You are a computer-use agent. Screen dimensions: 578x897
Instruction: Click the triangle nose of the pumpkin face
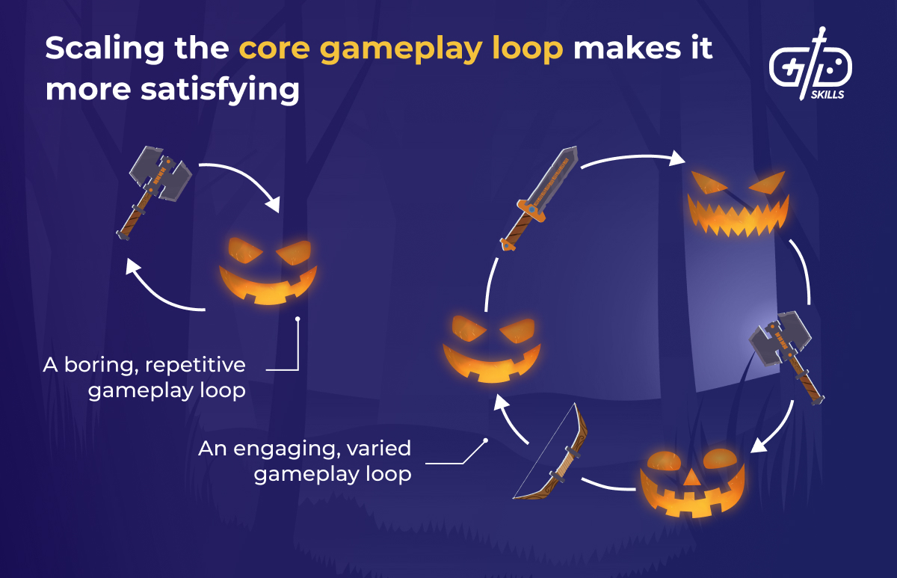coord(692,477)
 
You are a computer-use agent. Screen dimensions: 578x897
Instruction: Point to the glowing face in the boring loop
coord(265,271)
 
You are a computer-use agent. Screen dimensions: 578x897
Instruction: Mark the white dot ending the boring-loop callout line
coord(298,319)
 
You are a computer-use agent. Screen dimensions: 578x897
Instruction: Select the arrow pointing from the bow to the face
coord(511,424)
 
